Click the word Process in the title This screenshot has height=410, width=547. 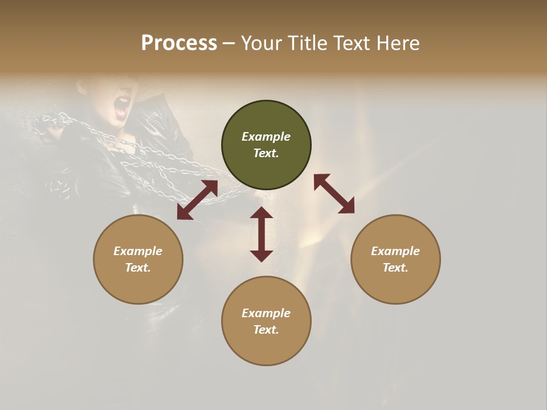click(x=179, y=43)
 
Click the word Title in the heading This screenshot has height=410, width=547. click(x=306, y=43)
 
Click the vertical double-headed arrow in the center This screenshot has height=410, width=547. click(x=262, y=234)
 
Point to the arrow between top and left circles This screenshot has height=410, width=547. click(x=197, y=200)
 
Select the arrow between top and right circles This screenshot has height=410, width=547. click(x=334, y=194)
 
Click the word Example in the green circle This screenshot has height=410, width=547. click(x=266, y=137)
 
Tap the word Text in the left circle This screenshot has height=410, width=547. click(x=138, y=268)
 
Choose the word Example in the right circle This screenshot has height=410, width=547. click(x=395, y=251)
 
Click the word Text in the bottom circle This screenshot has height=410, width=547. click(x=266, y=330)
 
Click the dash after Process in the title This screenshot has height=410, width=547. click(x=229, y=43)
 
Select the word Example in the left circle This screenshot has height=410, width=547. click(x=138, y=251)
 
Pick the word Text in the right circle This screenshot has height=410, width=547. click(x=395, y=268)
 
